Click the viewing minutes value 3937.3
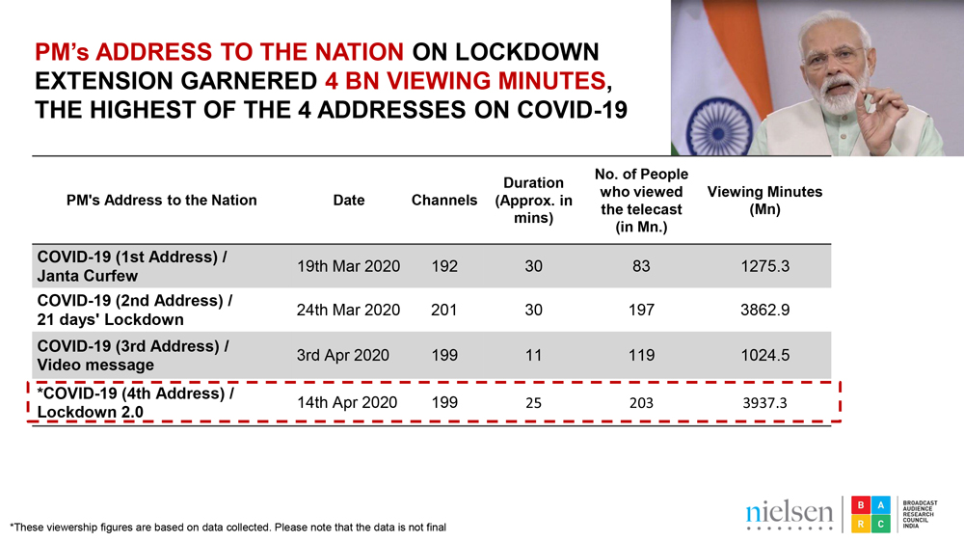[x=764, y=402]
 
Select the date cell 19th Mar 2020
[x=348, y=266]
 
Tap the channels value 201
[x=444, y=311]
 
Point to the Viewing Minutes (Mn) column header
[x=764, y=201]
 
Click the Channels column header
[x=444, y=201]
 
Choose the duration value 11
[x=533, y=355]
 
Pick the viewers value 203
[x=641, y=402]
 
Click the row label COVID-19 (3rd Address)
[x=133, y=346]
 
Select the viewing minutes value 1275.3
[x=764, y=266]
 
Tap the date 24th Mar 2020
[x=348, y=311]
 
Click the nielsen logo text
[x=789, y=512]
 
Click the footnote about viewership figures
[x=228, y=528]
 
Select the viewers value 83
[x=641, y=266]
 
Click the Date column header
[x=348, y=201]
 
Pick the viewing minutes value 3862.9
[x=764, y=311]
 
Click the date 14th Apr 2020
[x=347, y=402]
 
